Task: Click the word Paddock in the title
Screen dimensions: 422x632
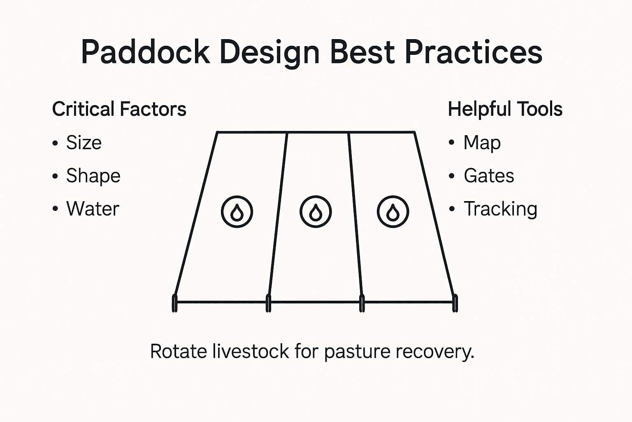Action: click(x=145, y=52)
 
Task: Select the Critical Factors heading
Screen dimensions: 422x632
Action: click(x=119, y=109)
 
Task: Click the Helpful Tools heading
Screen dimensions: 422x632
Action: click(x=505, y=109)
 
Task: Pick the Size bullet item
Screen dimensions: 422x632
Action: click(x=84, y=143)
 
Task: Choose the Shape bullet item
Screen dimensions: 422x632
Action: click(x=93, y=176)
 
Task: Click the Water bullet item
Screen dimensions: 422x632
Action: click(x=93, y=209)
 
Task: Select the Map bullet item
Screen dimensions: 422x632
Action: click(x=482, y=143)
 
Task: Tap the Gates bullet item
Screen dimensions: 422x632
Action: click(x=488, y=176)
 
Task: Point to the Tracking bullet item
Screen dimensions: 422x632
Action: click(x=500, y=209)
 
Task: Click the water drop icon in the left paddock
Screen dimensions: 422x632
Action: click(x=237, y=212)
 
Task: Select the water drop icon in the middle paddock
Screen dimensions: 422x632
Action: click(x=316, y=212)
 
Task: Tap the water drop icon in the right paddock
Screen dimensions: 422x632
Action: click(x=393, y=212)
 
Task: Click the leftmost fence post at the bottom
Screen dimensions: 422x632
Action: click(x=174, y=303)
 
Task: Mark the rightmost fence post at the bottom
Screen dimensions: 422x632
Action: click(x=455, y=303)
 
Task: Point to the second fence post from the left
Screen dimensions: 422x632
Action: click(x=268, y=303)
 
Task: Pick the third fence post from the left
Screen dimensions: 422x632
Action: click(x=362, y=303)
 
